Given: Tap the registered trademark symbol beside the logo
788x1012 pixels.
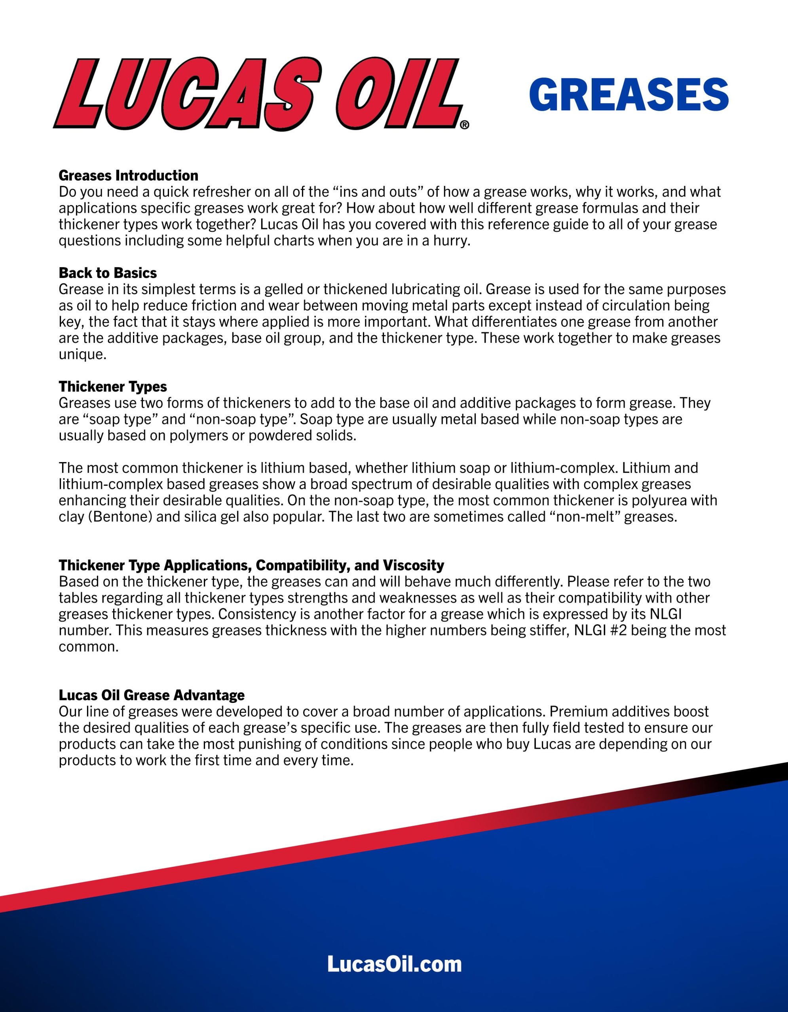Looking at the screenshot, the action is pyautogui.click(x=465, y=125).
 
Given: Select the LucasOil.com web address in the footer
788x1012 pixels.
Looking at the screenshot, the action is pyautogui.click(x=394, y=964).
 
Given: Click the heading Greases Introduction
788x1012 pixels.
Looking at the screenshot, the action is pyautogui.click(x=129, y=175).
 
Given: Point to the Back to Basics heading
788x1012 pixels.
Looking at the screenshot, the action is pyautogui.click(x=108, y=272).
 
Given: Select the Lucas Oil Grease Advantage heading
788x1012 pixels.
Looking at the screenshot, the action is pyautogui.click(x=152, y=695).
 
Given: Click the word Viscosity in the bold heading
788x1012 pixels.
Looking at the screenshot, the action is pyautogui.click(x=413, y=565).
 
